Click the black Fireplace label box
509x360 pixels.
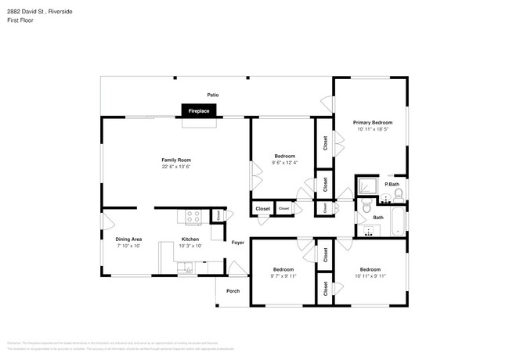coord(198,112)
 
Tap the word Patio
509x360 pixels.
coord(213,95)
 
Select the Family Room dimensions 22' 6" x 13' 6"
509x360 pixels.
coord(176,167)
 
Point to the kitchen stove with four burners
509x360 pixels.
coord(194,216)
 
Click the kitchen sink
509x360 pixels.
coord(187,269)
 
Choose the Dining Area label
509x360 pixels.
coord(128,239)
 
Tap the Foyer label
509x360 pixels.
coord(237,243)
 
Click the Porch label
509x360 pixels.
coord(233,291)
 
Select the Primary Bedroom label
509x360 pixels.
coord(372,123)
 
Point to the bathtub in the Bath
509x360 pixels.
coord(396,221)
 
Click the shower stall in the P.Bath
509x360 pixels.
coord(365,185)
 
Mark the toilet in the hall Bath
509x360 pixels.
coord(366,207)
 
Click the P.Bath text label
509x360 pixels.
coord(392,184)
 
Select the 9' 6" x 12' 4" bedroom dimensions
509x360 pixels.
coord(284,163)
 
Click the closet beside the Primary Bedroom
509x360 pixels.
coord(324,142)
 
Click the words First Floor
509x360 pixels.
coord(21,20)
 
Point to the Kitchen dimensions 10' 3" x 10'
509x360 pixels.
coord(190,246)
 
